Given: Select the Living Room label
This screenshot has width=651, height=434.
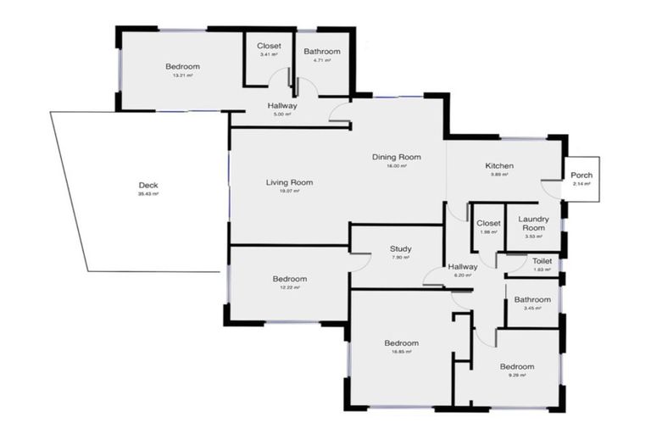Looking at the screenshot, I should pyautogui.click(x=289, y=182).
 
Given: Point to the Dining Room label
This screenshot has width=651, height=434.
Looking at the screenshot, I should pyautogui.click(x=397, y=157).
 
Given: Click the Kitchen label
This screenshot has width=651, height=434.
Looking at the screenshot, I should pyautogui.click(x=499, y=165).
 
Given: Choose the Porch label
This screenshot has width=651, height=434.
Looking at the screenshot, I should pyautogui.click(x=581, y=175).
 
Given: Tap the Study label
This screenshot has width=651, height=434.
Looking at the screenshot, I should pyautogui.click(x=400, y=249).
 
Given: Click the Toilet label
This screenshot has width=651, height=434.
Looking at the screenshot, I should pyautogui.click(x=542, y=261).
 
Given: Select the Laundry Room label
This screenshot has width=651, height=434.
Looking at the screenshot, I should pyautogui.click(x=533, y=224).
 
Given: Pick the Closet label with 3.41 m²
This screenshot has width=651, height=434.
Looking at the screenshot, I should pyautogui.click(x=269, y=46).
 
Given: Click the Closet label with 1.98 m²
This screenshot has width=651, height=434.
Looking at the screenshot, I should pyautogui.click(x=488, y=223).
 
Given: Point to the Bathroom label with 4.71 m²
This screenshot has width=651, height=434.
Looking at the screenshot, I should pyautogui.click(x=321, y=52).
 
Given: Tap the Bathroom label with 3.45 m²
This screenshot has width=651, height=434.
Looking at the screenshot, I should pyautogui.click(x=531, y=299).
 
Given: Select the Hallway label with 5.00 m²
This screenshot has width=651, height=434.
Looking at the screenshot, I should pyautogui.click(x=282, y=106).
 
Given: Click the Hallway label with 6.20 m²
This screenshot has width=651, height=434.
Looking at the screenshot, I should pyautogui.click(x=463, y=266).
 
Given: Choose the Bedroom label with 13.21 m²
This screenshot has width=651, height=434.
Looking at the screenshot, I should pyautogui.click(x=182, y=67).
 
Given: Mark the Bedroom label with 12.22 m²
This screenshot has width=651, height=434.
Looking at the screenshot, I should pyautogui.click(x=289, y=279).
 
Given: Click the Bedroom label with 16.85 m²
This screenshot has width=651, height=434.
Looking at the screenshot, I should pyautogui.click(x=401, y=343).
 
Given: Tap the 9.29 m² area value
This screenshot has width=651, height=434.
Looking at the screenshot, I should pyautogui.click(x=516, y=375).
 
